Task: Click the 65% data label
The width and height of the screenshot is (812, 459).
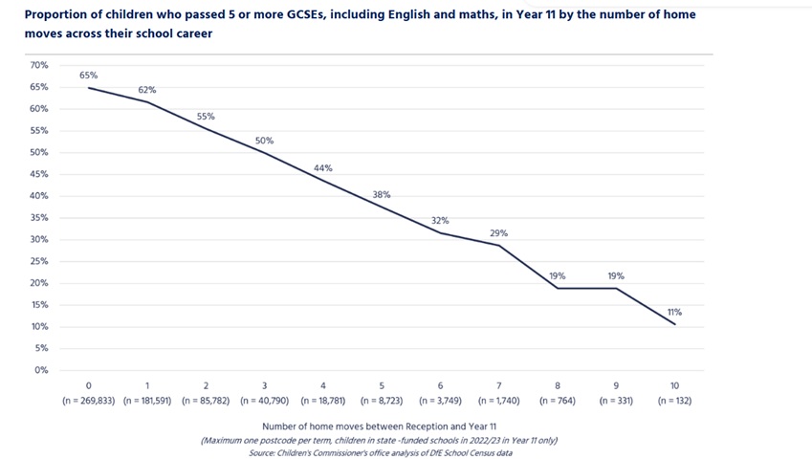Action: pos(89,75)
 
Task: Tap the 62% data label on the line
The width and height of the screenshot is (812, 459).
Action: pos(147,90)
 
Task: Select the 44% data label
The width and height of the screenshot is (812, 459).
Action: pos(323,168)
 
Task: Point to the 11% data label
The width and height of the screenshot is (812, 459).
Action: pos(675,312)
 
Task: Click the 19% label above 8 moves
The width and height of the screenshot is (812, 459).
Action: pos(558,276)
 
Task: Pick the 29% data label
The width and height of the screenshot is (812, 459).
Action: pos(499,233)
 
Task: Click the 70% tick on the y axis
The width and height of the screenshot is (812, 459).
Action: pos(39,65)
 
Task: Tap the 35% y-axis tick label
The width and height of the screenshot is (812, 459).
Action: pos(39,218)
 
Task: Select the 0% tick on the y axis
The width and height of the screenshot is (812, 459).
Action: pos(41,370)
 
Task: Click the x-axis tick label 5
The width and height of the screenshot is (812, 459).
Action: pos(382,386)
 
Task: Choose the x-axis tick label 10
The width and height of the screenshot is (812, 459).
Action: pos(675,386)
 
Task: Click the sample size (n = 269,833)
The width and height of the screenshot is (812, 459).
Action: pos(89,401)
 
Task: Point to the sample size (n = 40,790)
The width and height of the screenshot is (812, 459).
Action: pos(264,401)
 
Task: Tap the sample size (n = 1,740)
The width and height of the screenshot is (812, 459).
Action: pos(499,401)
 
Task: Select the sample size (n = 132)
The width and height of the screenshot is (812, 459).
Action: pos(675,401)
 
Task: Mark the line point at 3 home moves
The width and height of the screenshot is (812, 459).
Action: pos(265,153)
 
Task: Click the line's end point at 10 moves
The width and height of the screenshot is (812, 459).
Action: pos(675,324)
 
